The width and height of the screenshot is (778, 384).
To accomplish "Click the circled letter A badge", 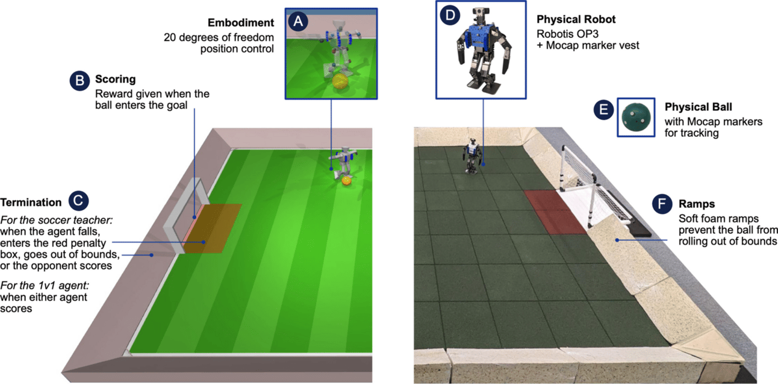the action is pyautogui.click(x=298, y=22).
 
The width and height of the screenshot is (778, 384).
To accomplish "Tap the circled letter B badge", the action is pyautogui.click(x=79, y=81).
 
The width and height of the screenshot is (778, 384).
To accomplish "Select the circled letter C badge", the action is pyautogui.click(x=78, y=201).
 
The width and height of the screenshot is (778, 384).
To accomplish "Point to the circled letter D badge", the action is pyautogui.click(x=450, y=15).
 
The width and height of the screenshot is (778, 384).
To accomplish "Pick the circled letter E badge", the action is pyautogui.click(x=603, y=110).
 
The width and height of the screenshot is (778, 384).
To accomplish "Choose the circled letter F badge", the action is pyautogui.click(x=662, y=204).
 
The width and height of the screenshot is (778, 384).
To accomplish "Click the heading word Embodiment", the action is pyautogui.click(x=241, y=23).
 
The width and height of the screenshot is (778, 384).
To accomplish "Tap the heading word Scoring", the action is pyautogui.click(x=115, y=80).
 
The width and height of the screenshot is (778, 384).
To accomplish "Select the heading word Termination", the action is pyautogui.click(x=31, y=203).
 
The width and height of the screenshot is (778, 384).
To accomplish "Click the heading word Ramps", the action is pyautogui.click(x=697, y=204).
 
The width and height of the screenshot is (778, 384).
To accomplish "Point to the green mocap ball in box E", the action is pyautogui.click(x=636, y=117).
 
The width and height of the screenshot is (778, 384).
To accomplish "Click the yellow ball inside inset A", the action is pyautogui.click(x=340, y=83).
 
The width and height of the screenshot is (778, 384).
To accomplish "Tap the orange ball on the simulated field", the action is pyautogui.click(x=346, y=180).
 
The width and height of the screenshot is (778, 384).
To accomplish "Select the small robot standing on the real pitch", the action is pyautogui.click(x=471, y=156).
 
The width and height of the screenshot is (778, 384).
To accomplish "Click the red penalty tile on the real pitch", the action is pyautogui.click(x=555, y=211).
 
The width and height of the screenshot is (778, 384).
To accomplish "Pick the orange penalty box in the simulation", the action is pyautogui.click(x=212, y=228).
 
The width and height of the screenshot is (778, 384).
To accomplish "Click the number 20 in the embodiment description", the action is pyautogui.click(x=170, y=37).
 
